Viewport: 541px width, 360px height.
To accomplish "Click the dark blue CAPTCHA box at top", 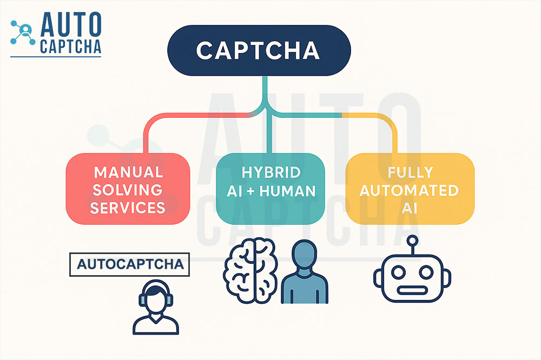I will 259,50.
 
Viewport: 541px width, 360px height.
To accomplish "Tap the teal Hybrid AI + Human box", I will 270,190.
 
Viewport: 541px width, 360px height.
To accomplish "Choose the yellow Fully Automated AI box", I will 410,190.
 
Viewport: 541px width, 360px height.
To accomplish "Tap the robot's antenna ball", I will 412,241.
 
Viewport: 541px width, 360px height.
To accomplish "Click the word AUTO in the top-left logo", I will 70,24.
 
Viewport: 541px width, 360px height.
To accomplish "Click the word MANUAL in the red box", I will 128,172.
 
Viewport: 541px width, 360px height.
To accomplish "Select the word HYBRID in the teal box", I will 270,172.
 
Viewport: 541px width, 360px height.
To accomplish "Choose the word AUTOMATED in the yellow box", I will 410,190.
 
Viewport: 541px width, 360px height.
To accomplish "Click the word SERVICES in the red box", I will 128,208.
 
